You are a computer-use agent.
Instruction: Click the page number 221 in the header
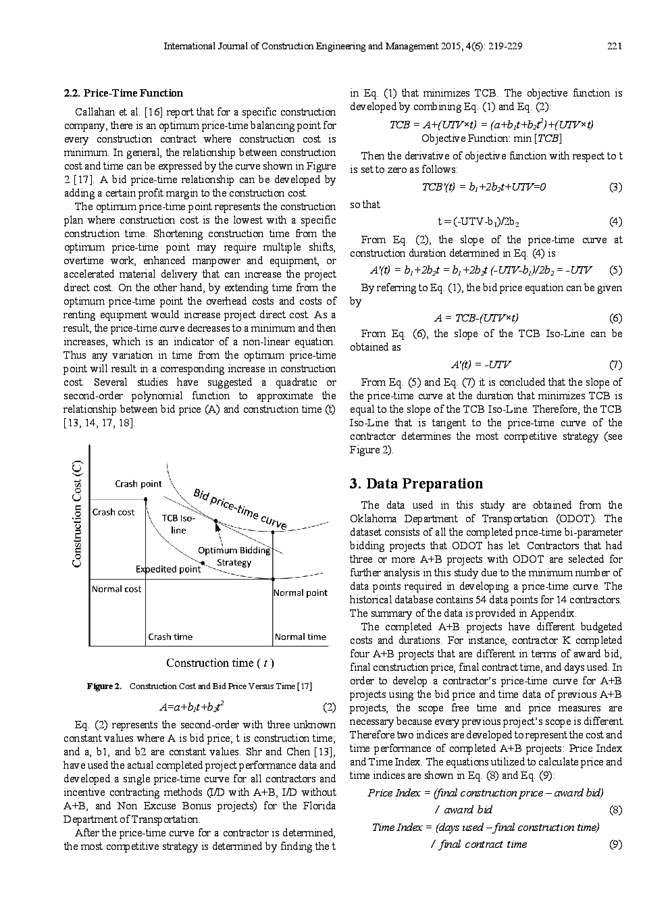(x=614, y=47)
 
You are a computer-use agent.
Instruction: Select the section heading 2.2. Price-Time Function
(x=123, y=93)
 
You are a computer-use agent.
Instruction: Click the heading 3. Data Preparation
(x=416, y=484)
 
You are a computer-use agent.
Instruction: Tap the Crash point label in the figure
(x=138, y=484)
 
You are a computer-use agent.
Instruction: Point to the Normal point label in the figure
(x=300, y=592)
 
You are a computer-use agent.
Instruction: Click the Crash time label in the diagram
(x=170, y=636)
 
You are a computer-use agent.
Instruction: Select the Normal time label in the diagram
(x=300, y=636)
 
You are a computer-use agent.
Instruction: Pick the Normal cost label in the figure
(x=116, y=589)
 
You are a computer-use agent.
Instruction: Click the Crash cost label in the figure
(x=113, y=512)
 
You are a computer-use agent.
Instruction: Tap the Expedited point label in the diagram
(x=168, y=569)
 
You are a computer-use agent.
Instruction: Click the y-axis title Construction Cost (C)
(x=78, y=513)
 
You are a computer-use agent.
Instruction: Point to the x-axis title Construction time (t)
(x=220, y=663)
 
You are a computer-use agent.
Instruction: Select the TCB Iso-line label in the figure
(x=178, y=524)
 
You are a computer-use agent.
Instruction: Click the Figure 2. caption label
(x=104, y=686)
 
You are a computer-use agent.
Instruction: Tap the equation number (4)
(x=615, y=222)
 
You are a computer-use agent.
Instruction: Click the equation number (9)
(x=615, y=844)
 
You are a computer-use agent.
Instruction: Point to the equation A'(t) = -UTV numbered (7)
(x=481, y=365)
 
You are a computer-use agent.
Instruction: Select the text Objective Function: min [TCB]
(x=491, y=138)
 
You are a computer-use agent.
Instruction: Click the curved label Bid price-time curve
(x=240, y=508)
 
